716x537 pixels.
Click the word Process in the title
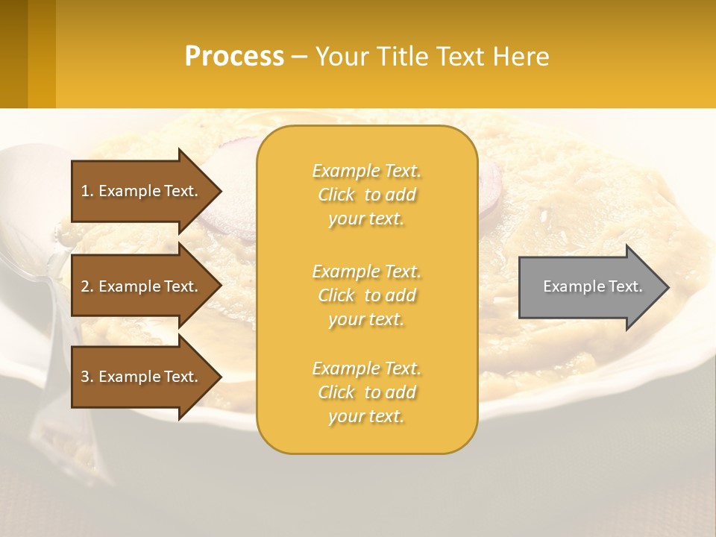pos(234,57)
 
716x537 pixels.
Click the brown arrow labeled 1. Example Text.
pos(142,191)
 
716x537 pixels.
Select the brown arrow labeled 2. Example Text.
pos(142,286)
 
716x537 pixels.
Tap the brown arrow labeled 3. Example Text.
pos(142,377)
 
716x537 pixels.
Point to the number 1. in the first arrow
pos(87,191)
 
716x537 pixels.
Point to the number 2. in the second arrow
pos(87,286)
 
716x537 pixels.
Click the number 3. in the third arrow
pos(87,377)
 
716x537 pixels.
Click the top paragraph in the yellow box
pos(366,195)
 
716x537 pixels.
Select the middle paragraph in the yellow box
pos(366,295)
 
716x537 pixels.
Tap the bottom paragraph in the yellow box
pos(366,392)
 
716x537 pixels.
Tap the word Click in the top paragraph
pos(336,195)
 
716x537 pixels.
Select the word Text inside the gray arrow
pos(626,286)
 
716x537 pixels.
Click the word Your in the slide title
pos(343,57)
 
